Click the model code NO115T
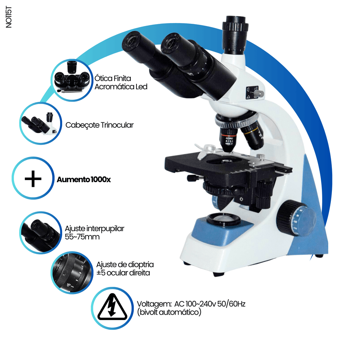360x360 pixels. tap(9, 17)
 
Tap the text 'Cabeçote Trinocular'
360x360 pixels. tap(99, 125)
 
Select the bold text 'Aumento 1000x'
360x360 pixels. tap(84, 179)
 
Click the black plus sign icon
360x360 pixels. tap(33, 179)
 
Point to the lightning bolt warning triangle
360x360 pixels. tap(112, 307)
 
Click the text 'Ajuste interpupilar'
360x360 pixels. tap(94, 229)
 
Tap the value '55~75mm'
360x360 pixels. tap(82, 237)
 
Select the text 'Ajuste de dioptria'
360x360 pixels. tap(125, 265)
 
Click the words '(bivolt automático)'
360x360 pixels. tap(169, 312)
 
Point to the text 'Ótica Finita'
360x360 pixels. tap(113, 78)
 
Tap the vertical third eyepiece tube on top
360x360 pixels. tap(235, 35)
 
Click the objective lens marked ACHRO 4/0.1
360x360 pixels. tap(229, 139)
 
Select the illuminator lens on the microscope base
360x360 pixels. tap(223, 218)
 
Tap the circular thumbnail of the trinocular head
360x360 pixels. tap(41, 123)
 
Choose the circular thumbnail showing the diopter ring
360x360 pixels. tap(72, 273)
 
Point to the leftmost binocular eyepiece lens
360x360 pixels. tap(131, 41)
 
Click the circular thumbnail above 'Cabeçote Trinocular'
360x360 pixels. tap(72, 80)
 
